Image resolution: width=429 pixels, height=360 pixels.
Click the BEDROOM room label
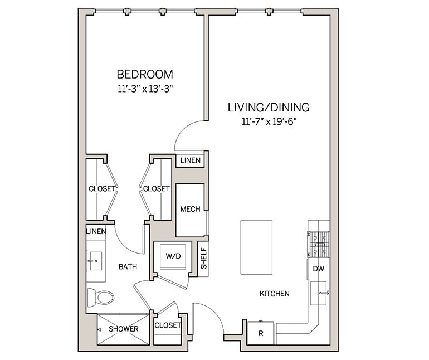144,74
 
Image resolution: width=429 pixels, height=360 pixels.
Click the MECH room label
190,210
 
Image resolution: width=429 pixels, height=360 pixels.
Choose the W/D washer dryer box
173,256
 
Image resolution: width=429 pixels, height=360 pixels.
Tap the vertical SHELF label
203,259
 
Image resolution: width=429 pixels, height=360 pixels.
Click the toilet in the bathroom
101,297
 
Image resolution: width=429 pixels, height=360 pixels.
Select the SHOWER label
123,329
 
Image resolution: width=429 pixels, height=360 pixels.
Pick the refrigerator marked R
261,333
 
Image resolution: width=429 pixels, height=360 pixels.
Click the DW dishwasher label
319,268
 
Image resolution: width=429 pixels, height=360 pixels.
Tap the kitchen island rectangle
256,246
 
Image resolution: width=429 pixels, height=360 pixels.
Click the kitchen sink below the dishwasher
319,292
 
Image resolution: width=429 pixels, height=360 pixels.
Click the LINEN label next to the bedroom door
190,161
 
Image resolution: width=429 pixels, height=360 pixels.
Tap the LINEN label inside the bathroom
96,231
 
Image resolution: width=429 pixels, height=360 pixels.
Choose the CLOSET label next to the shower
168,325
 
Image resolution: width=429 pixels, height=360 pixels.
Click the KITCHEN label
274,294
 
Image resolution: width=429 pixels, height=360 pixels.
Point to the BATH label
128,267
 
